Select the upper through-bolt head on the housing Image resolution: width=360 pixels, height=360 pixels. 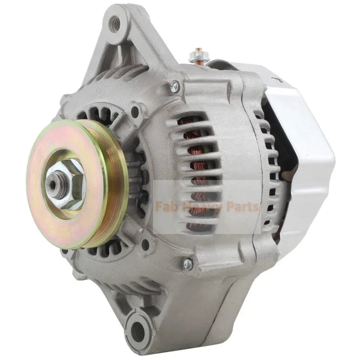(x=175, y=86)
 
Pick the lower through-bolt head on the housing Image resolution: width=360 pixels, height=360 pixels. (x=188, y=263)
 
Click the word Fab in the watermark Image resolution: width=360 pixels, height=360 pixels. (x=165, y=207)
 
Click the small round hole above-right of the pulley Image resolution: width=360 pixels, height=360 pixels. (x=135, y=112)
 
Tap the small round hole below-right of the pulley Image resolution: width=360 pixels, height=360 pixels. (x=145, y=244)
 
